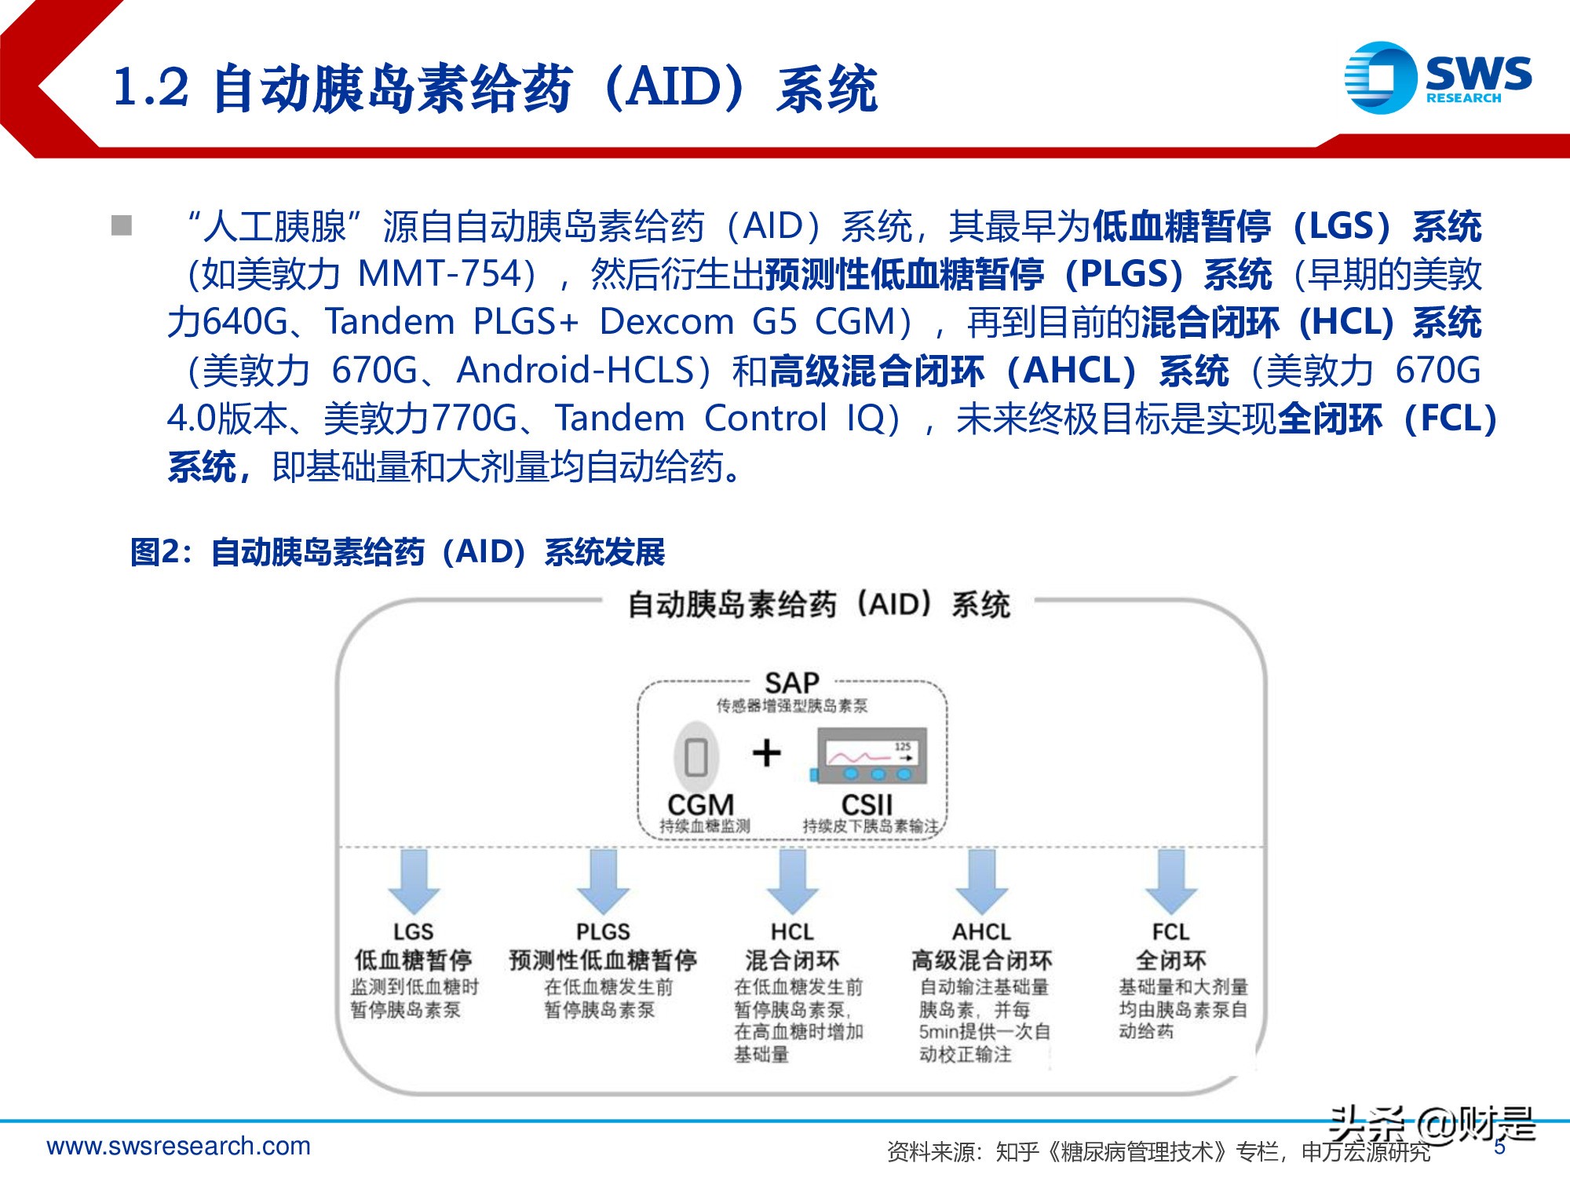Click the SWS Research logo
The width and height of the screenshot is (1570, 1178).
[1436, 78]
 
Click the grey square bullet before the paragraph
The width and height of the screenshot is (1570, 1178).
[122, 226]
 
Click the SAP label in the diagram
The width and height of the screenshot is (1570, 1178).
[791, 682]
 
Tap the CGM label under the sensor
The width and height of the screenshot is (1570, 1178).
[700, 805]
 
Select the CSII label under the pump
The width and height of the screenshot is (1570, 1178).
[867, 805]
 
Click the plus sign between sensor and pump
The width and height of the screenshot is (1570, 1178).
[766, 752]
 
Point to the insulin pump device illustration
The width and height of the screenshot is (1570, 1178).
[871, 755]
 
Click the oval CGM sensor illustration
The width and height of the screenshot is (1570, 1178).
[696, 757]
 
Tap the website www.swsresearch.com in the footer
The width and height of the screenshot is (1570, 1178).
[179, 1146]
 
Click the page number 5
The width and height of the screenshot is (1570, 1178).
[1499, 1147]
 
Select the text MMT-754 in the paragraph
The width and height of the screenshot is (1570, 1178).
[440, 274]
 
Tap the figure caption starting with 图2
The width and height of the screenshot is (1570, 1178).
[397, 552]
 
